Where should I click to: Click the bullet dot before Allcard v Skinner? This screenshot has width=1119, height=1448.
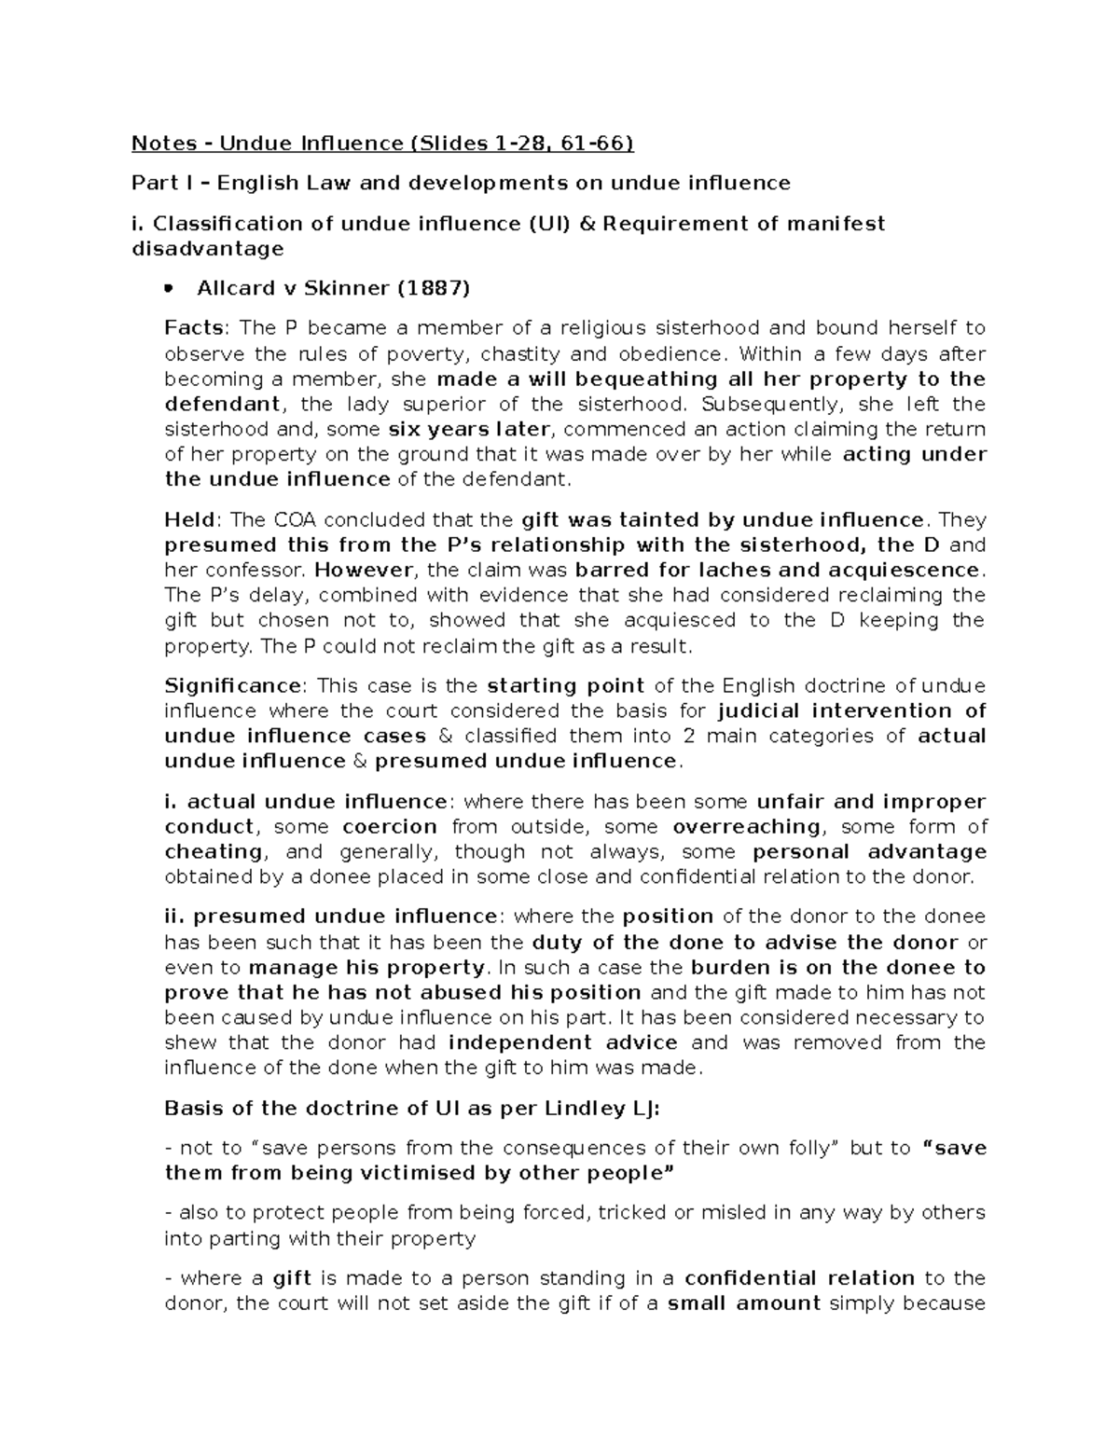[x=169, y=289]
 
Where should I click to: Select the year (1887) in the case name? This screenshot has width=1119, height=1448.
[x=434, y=288]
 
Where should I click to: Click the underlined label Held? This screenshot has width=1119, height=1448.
[x=191, y=520]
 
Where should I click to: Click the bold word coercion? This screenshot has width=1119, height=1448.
[x=390, y=827]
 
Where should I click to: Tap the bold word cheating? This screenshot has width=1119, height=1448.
[x=214, y=852]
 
